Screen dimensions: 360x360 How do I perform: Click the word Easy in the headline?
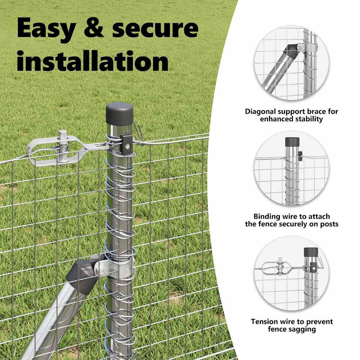[x=46, y=29]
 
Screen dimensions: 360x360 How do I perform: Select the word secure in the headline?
[x=155, y=28]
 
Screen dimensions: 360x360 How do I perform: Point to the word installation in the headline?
[x=93, y=60]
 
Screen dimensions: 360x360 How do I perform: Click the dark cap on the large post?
[x=120, y=114]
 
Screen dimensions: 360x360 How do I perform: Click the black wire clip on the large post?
[x=127, y=144]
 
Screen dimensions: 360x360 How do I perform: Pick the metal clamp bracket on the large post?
[x=114, y=269]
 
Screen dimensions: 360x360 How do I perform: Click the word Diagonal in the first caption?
[x=260, y=112]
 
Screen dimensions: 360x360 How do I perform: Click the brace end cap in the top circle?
[x=291, y=52]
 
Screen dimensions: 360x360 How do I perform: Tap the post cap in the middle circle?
[x=292, y=142]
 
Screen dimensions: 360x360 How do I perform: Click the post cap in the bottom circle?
[x=311, y=252]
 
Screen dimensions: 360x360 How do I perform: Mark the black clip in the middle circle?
[x=300, y=156]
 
